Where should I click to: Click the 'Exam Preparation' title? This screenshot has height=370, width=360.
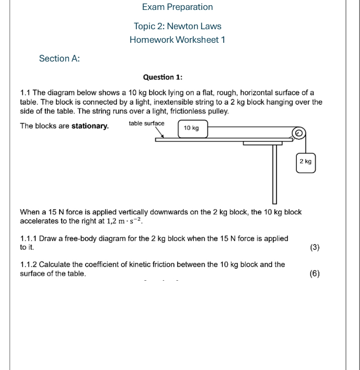pyautogui.click(x=177, y=7)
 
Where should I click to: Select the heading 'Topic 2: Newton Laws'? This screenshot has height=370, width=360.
pyautogui.click(x=177, y=26)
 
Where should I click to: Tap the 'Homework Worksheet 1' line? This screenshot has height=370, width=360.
pyautogui.click(x=177, y=40)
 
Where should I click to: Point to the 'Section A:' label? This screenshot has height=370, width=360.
pyautogui.click(x=60, y=58)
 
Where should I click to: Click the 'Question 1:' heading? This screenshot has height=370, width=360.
pyautogui.click(x=162, y=77)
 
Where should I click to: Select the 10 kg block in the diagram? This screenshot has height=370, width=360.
pyautogui.click(x=192, y=128)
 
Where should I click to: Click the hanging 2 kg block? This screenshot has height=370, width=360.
pyautogui.click(x=306, y=162)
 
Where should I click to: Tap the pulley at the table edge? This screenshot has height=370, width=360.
pyautogui.click(x=298, y=134)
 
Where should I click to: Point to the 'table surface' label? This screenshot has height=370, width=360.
pyautogui.click(x=146, y=124)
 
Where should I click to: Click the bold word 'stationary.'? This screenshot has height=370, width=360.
pyautogui.click(x=90, y=126)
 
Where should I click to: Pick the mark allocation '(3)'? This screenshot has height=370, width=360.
pyautogui.click(x=315, y=247)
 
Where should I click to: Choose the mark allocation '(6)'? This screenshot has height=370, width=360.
pyautogui.click(x=315, y=273)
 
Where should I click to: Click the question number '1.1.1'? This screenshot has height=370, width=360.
pyautogui.click(x=29, y=238)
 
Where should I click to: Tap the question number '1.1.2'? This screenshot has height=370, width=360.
pyautogui.click(x=29, y=265)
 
